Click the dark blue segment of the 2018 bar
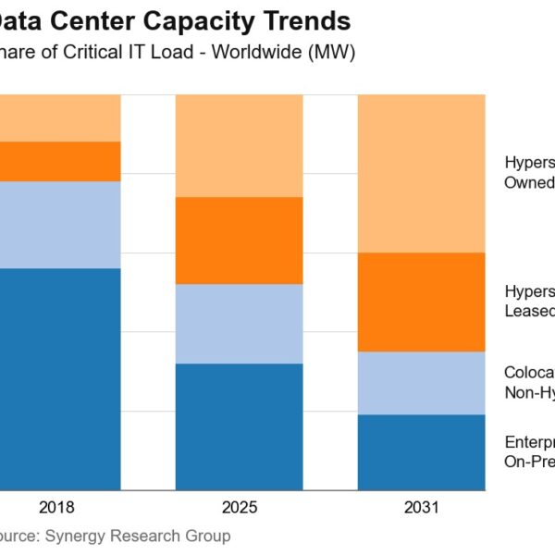tap(60, 379)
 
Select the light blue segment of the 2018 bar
tap(60, 225)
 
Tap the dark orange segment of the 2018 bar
tap(60, 161)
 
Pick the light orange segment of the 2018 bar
tap(60, 117)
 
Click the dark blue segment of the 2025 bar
tap(239, 426)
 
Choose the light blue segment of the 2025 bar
tap(239, 324)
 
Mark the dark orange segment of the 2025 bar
tap(239, 240)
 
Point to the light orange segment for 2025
tap(239, 145)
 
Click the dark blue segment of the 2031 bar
tap(421, 452)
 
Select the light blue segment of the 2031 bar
tap(421, 383)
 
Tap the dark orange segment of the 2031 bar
tap(421, 302)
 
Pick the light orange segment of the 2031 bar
tap(421, 173)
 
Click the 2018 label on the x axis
tap(56, 508)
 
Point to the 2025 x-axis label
tap(240, 508)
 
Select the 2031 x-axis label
tap(422, 508)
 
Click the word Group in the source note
tap(208, 536)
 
